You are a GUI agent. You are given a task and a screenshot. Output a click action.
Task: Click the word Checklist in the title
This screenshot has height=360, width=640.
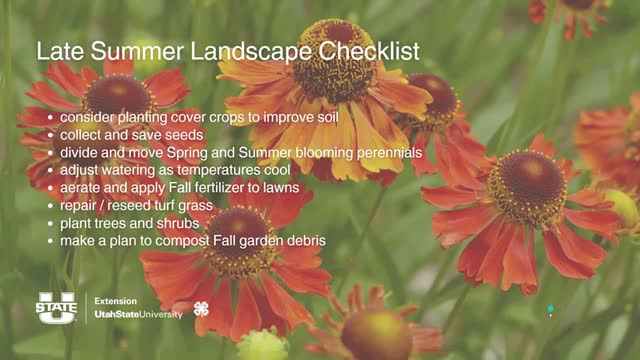(362, 51)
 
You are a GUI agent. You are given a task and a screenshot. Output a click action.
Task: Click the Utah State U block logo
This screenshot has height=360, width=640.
(57, 307)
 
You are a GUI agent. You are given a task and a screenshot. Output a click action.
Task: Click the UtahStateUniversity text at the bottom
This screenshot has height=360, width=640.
(138, 314)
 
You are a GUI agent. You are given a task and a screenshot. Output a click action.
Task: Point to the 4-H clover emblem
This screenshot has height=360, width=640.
(201, 308)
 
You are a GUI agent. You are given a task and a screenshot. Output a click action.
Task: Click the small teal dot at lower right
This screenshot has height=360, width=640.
(550, 309)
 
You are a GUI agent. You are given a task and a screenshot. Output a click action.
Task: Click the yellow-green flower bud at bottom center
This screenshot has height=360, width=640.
(262, 345)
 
